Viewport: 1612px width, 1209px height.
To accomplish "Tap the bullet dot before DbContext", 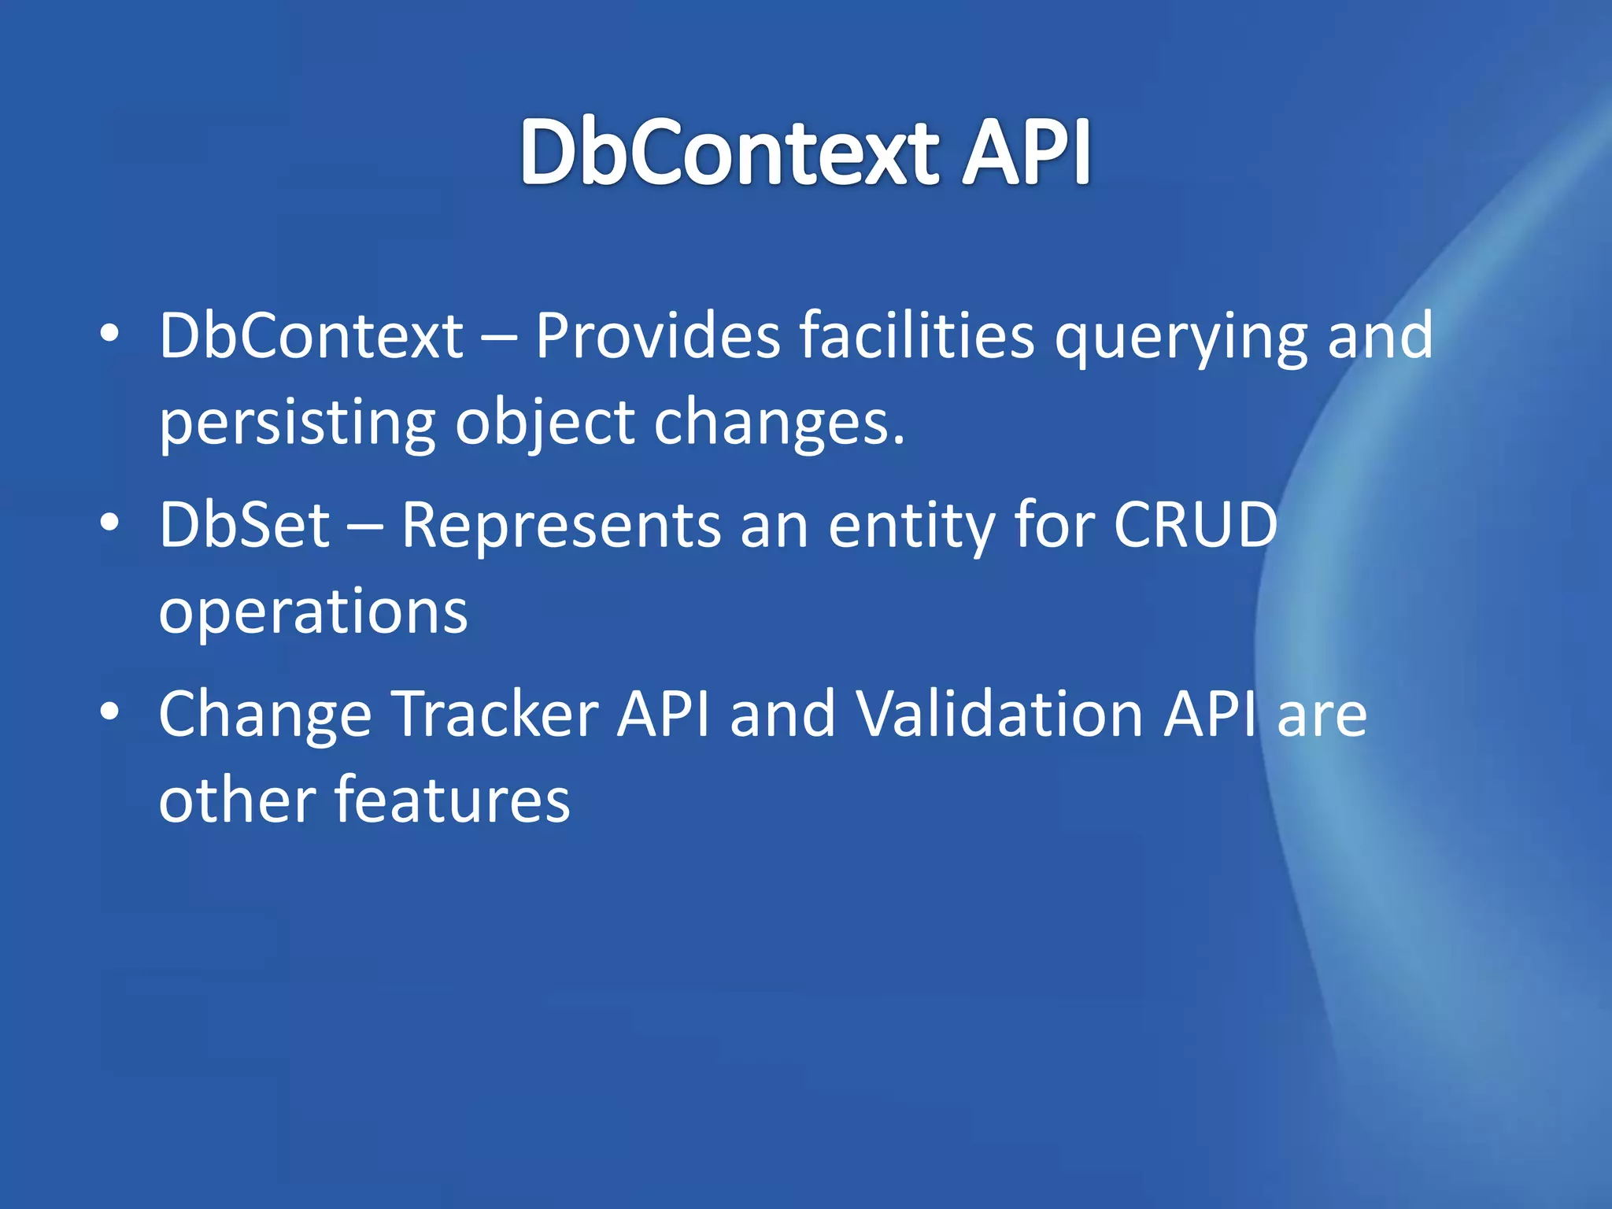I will pyautogui.click(x=109, y=334).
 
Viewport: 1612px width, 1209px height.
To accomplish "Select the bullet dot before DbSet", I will pyautogui.click(x=109, y=523).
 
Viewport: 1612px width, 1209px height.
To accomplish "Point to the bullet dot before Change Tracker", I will pyautogui.click(x=109, y=712).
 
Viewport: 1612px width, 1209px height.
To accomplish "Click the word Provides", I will pyautogui.click(x=657, y=336).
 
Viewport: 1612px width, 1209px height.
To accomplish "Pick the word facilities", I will pyautogui.click(x=917, y=336).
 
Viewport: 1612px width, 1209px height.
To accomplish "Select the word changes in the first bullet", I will pyautogui.click(x=779, y=423).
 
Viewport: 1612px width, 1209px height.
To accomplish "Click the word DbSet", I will pyautogui.click(x=244, y=525).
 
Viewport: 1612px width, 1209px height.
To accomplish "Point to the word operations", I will pyautogui.click(x=313, y=612).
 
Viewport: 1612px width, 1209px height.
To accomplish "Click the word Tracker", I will pyautogui.click(x=495, y=714).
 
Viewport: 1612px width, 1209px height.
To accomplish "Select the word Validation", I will pyautogui.click(x=1000, y=714).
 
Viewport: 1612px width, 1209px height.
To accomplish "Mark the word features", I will pyautogui.click(x=452, y=800).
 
